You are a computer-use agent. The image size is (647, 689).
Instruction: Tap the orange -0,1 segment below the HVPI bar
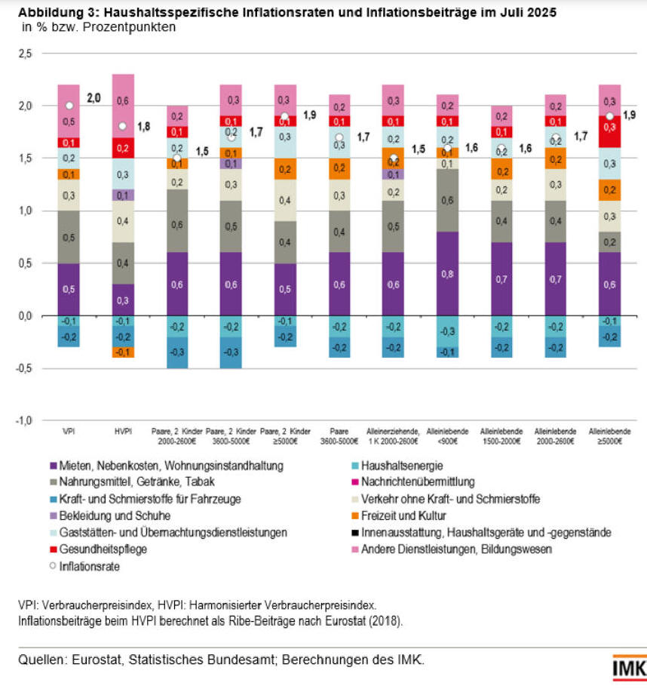click(123, 352)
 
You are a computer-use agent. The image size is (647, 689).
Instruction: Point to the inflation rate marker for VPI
click(69, 106)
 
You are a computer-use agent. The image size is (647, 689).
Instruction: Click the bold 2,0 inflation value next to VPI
click(94, 97)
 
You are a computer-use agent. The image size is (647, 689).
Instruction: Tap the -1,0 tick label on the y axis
click(24, 420)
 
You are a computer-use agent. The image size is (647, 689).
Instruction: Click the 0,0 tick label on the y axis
click(26, 316)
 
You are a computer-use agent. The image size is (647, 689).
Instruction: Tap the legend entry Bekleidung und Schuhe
click(105, 516)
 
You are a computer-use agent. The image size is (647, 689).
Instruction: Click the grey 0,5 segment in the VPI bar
click(69, 237)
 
